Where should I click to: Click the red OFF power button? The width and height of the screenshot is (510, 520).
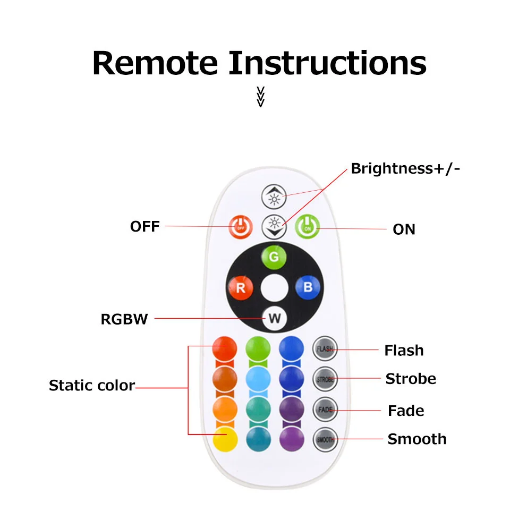tap(240, 227)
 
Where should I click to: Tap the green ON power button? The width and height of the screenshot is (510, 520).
tap(308, 227)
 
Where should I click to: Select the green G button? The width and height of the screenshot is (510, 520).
tap(274, 258)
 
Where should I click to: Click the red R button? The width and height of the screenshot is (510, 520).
tap(241, 288)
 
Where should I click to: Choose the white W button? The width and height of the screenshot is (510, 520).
tap(274, 319)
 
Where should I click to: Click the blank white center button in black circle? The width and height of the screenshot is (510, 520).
tap(274, 288)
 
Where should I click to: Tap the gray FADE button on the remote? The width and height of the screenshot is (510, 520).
tap(325, 410)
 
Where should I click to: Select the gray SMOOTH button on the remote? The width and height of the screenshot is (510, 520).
tap(325, 439)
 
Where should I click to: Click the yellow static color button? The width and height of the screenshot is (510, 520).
tap(224, 439)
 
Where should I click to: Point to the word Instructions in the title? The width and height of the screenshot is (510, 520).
tap(327, 63)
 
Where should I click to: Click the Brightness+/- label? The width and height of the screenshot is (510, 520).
tap(405, 169)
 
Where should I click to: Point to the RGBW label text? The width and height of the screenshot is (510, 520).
tap(124, 320)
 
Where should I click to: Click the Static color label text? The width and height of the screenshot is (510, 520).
tap(92, 385)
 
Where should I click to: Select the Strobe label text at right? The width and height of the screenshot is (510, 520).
tap(411, 379)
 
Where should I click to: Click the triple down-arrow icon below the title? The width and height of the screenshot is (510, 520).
tap(260, 97)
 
